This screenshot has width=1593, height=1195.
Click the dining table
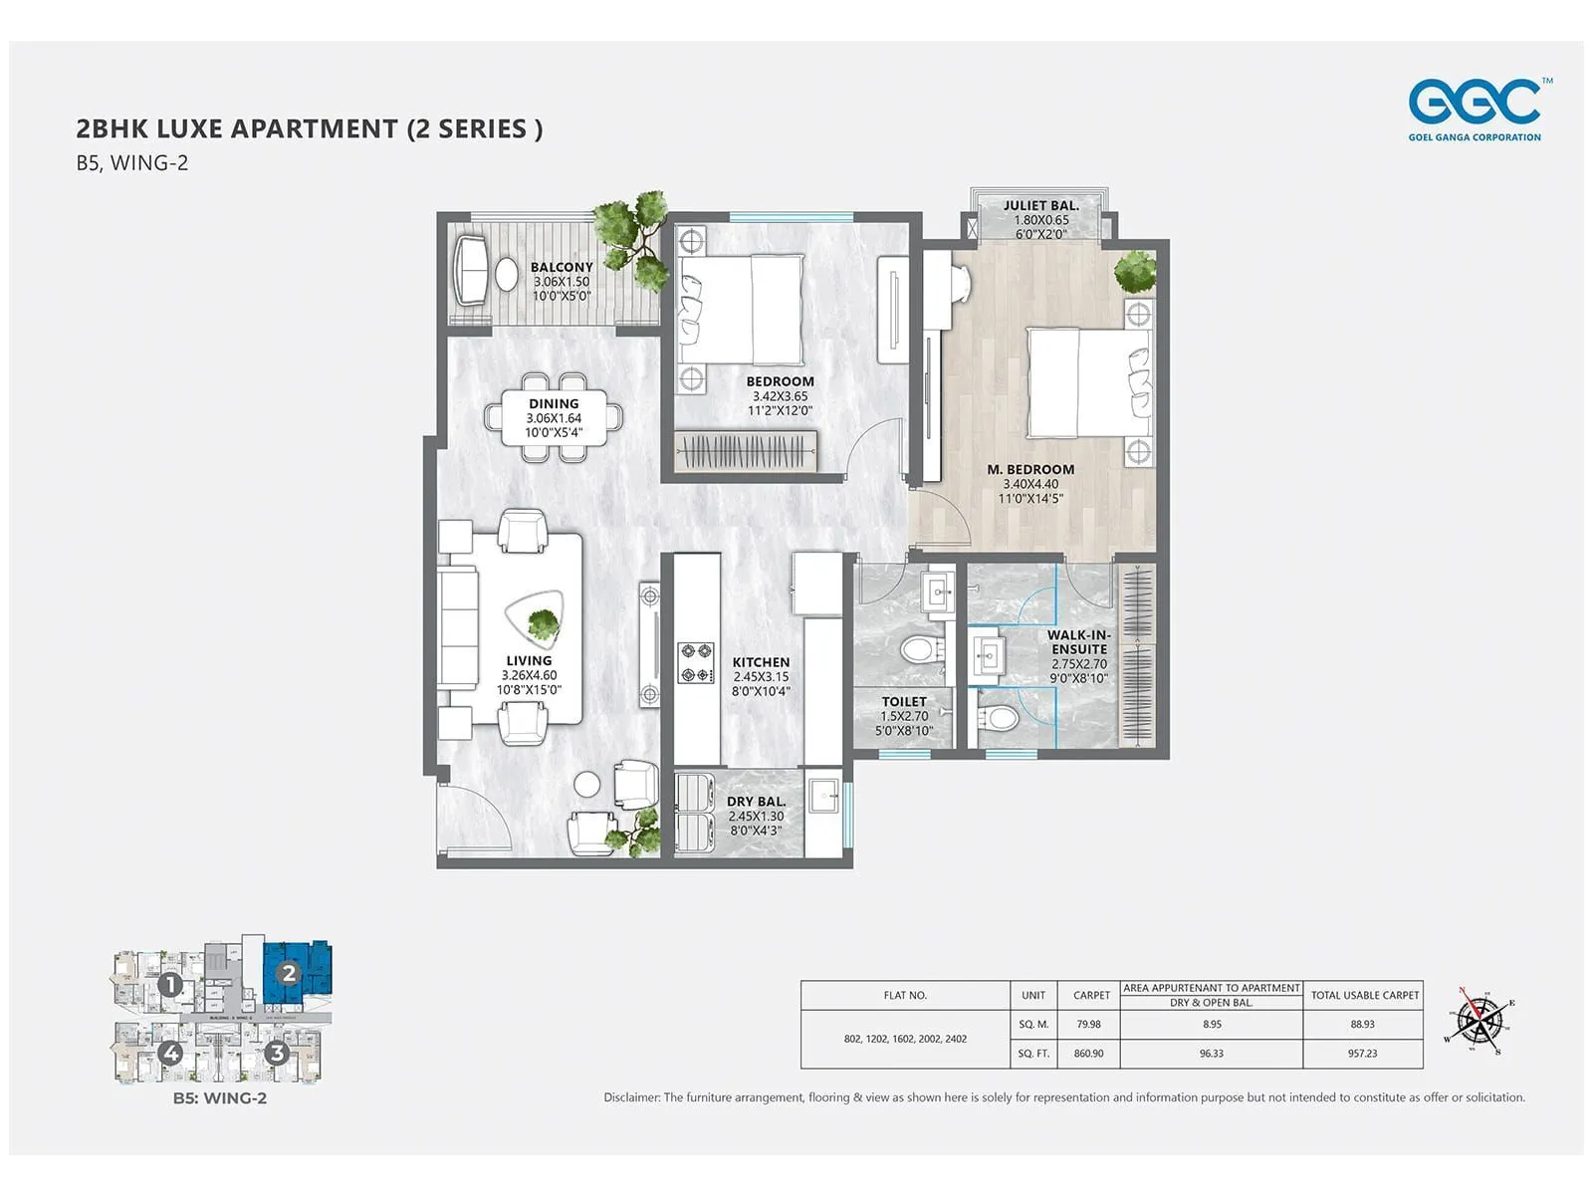(554, 418)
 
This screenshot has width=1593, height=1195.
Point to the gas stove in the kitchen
(696, 663)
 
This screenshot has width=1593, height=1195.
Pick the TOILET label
(904, 702)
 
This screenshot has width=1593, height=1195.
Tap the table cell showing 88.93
(1362, 1024)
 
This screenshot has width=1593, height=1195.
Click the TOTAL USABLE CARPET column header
(1364, 995)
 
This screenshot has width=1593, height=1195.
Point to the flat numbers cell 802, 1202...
(905, 1039)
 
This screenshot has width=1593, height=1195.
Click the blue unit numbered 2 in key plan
(289, 973)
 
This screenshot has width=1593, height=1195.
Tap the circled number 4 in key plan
(171, 1052)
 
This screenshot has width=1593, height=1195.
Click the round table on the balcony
(507, 273)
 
